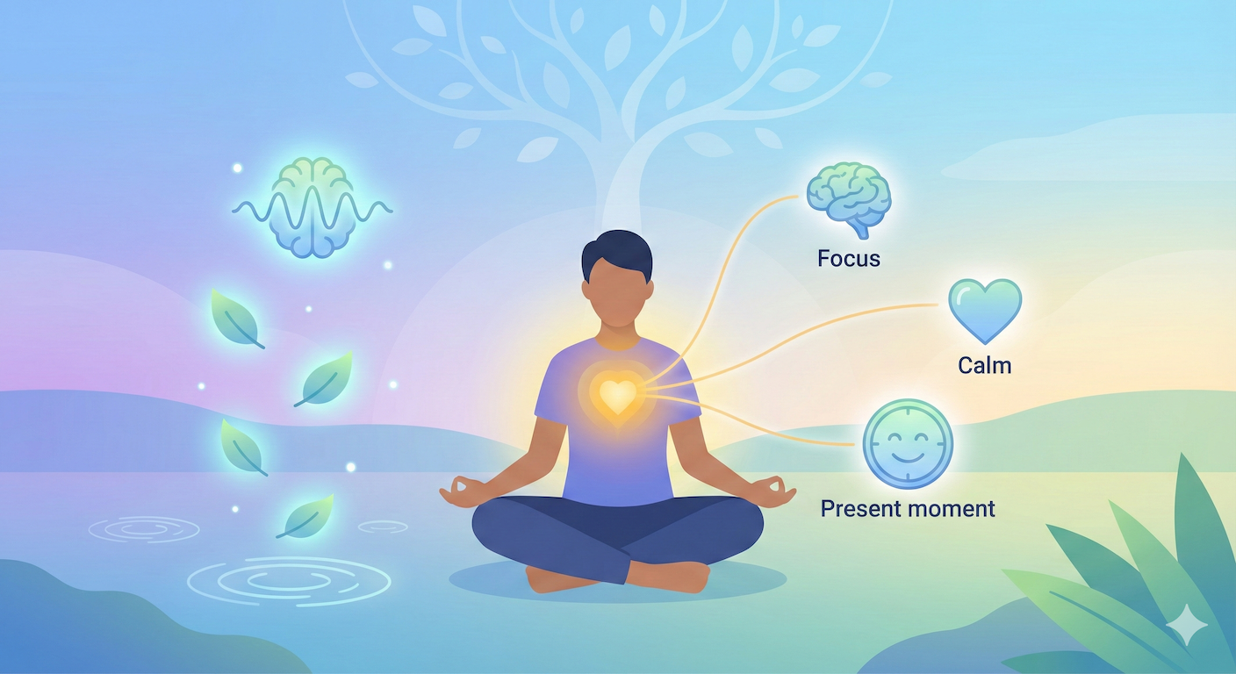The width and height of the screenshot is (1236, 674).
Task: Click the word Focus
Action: (849, 258)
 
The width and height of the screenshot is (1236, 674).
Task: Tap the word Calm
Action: (984, 365)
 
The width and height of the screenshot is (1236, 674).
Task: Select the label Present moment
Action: (908, 508)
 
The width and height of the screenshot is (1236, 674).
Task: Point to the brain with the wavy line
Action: (313, 207)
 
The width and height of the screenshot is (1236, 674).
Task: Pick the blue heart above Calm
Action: (985, 310)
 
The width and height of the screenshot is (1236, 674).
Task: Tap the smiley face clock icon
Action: (908, 444)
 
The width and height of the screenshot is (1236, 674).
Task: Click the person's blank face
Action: (617, 295)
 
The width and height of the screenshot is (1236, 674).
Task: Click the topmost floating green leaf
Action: (236, 319)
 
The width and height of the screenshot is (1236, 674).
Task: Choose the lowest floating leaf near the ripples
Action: (305, 517)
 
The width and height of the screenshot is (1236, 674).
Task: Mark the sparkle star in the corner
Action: (1187, 626)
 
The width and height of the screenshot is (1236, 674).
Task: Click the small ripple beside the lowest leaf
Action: (383, 527)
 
